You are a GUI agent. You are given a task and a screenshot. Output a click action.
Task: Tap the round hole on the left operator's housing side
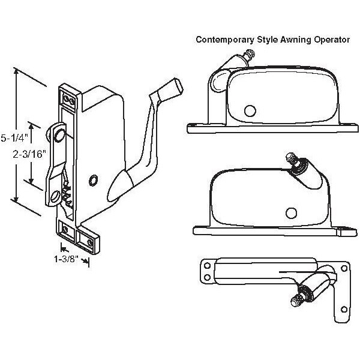(x=92, y=181)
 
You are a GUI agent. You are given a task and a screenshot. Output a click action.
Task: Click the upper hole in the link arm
(x=58, y=136)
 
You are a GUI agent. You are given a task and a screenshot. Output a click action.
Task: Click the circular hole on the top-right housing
(x=248, y=110)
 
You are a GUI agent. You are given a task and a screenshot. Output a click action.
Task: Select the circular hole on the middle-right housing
(x=290, y=213)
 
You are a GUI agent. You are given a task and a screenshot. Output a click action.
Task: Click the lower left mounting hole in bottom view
(x=208, y=276)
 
